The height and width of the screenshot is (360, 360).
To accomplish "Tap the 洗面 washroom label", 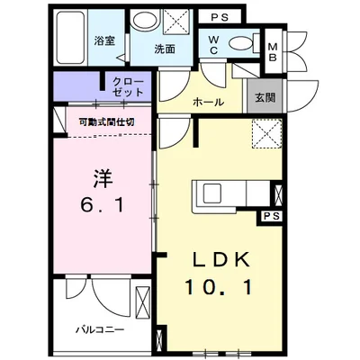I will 164,49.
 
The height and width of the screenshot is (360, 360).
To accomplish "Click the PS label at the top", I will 220,17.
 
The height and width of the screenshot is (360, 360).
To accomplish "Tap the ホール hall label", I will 208,103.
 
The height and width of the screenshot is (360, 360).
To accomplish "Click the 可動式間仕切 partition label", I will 105,121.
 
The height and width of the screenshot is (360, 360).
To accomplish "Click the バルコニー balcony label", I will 98,329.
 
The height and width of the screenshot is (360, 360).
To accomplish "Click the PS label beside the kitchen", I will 271,215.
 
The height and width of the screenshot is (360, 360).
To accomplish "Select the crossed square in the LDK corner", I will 265,134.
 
